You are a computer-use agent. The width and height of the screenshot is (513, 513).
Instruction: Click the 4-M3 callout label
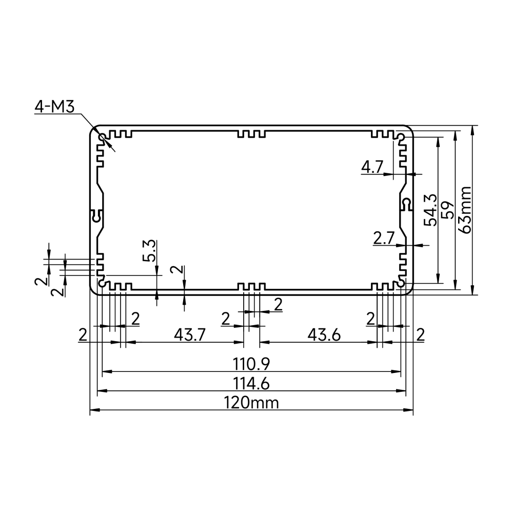(x=55, y=107)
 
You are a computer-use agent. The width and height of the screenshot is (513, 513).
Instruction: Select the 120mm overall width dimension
(x=251, y=403)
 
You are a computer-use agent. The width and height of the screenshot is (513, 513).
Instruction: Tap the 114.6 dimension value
(x=251, y=383)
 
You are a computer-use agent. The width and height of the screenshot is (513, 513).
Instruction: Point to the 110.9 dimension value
(x=251, y=364)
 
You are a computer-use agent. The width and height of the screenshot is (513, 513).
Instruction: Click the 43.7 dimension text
(x=190, y=334)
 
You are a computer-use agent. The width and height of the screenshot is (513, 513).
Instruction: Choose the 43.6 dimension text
(x=324, y=334)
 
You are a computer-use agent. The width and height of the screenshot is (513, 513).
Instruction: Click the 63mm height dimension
(x=465, y=210)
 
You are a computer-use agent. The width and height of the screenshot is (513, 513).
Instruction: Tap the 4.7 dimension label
(x=372, y=168)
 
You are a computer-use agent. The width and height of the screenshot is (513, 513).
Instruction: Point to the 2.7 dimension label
(x=384, y=238)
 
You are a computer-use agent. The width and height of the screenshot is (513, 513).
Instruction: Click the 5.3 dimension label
(x=149, y=251)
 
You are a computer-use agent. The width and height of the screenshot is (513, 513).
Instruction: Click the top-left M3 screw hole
(x=103, y=137)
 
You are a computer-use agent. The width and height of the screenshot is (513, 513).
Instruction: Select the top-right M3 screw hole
(x=401, y=136)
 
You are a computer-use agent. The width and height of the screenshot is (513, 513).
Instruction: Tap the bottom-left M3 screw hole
(x=103, y=284)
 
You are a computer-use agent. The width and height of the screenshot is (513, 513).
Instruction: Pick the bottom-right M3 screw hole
(x=401, y=284)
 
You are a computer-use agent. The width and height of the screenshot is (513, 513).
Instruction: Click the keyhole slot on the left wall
(x=97, y=215)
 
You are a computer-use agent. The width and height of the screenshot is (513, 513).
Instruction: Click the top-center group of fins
(x=251, y=134)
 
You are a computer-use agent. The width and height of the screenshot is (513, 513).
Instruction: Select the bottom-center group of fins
(x=251, y=287)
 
